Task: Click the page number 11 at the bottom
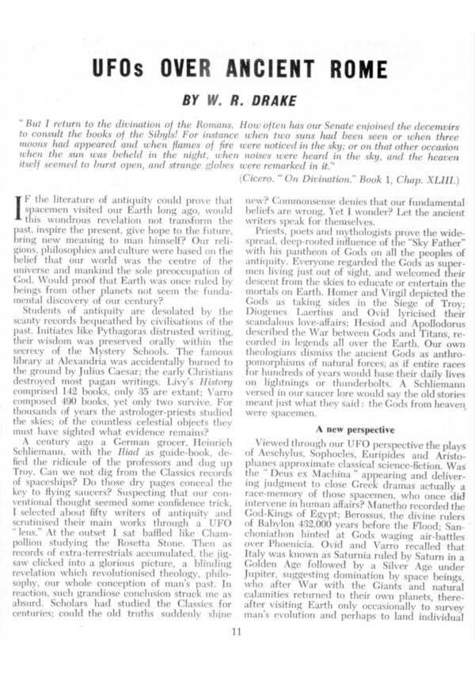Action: (x=237, y=632)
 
